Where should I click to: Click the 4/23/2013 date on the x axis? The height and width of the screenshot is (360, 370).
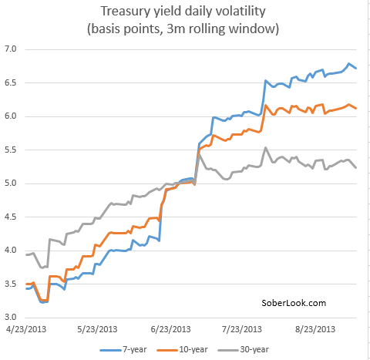click(26, 329)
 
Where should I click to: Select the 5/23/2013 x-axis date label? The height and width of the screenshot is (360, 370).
click(97, 329)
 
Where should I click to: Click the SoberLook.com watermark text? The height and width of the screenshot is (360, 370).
click(294, 304)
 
